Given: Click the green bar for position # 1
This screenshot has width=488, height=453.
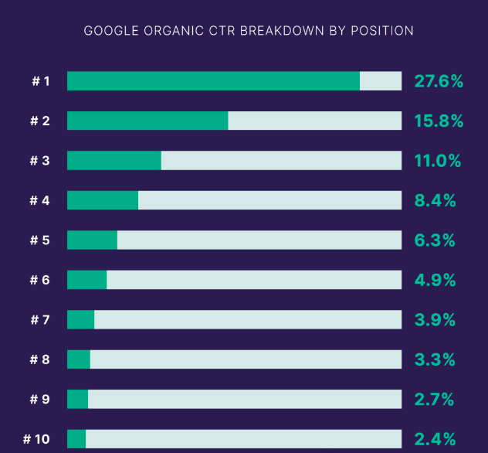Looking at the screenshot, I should pos(213,81).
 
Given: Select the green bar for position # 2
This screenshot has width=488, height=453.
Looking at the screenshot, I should pos(147,121).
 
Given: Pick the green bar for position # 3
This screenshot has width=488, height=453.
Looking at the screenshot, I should pos(114,161).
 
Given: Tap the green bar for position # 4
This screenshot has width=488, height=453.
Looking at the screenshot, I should pos(103,200).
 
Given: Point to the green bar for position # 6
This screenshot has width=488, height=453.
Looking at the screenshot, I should pos(86,280).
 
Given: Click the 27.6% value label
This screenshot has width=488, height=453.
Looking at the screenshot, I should pos(439,81).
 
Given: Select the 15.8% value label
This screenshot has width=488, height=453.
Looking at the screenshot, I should pos(439,121).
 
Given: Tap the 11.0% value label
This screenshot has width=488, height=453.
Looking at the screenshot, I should pos(437,161).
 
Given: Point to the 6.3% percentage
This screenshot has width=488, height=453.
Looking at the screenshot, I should pos(435,240).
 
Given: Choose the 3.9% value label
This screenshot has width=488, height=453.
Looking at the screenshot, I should pos(435,320).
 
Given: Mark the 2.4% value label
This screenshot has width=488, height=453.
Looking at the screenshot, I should pos(435,439).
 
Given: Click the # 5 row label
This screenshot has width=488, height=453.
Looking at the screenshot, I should pos(40,240).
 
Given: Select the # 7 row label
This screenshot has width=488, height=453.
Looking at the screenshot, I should pos(40,320).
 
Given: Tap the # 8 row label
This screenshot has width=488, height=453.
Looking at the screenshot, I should pos(40,359).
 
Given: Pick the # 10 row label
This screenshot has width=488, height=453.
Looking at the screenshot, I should pos(37,439).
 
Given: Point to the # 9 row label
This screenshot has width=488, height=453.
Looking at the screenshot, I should pos(40,400).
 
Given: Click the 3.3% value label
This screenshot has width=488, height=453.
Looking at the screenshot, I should pos(435,359).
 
